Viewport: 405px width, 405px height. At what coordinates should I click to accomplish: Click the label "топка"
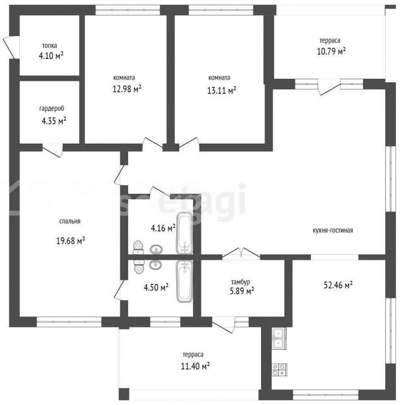point(49,46)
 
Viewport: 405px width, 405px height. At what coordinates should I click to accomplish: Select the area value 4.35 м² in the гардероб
point(54,121)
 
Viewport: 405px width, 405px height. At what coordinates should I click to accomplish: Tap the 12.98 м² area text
point(127,89)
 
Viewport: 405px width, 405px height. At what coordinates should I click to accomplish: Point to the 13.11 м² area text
point(221,90)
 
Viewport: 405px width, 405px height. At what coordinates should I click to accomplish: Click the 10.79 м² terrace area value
point(331,51)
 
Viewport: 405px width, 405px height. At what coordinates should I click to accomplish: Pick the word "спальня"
point(70,221)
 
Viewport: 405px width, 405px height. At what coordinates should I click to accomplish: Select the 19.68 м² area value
point(71,241)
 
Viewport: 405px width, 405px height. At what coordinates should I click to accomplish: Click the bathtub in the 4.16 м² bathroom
point(184,233)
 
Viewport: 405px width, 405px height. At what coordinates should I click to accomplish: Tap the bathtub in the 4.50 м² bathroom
point(184,281)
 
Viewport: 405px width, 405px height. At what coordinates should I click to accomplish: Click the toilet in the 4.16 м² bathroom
point(138,247)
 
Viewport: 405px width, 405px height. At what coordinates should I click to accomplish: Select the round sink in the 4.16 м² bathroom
point(156,249)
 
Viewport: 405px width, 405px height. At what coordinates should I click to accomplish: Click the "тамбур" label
point(240,282)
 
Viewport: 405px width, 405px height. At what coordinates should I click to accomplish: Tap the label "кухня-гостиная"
point(333,230)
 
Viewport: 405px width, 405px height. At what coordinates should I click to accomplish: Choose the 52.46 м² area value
point(338,285)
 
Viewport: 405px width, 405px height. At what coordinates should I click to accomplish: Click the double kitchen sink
point(279,338)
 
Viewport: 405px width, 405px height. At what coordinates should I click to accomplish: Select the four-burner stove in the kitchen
point(279,369)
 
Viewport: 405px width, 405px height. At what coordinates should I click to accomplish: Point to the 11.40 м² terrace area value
point(195,366)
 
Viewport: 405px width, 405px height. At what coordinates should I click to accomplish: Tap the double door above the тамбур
point(241,253)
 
